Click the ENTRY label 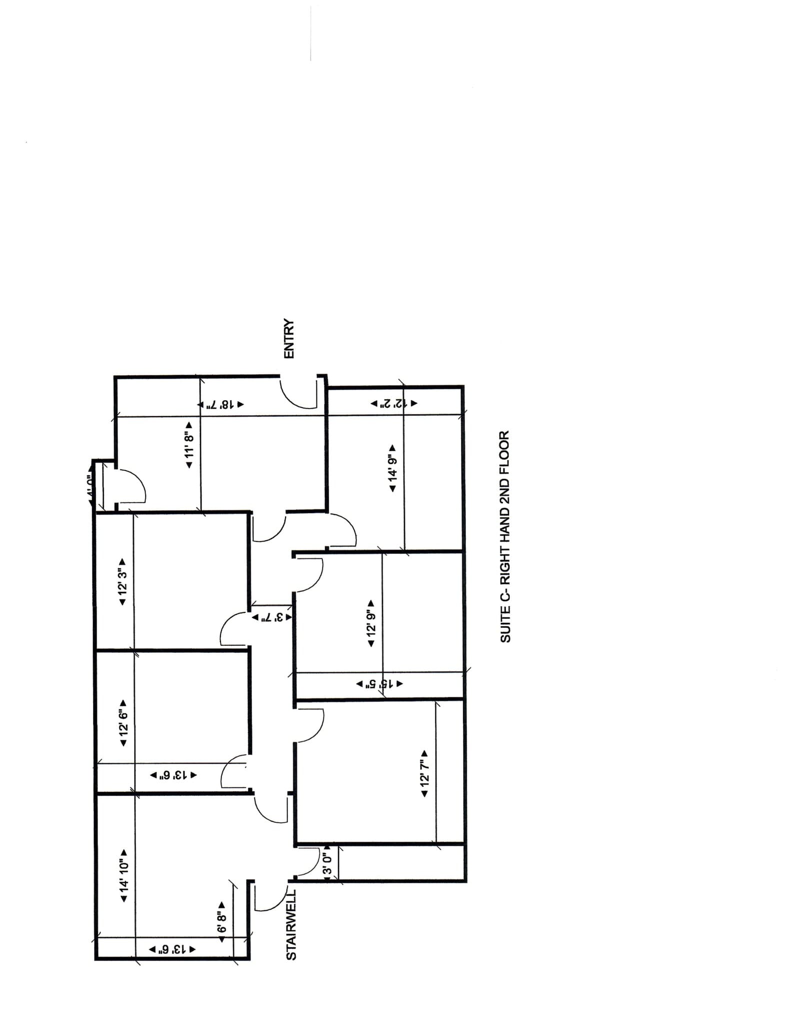[x=289, y=339]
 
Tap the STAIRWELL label [x=291, y=925]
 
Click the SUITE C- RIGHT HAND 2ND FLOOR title [x=505, y=536]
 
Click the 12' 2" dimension [x=393, y=403]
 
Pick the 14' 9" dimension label [x=392, y=468]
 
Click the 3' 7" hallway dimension [x=271, y=617]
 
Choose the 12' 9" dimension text [x=371, y=623]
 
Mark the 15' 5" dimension [x=379, y=684]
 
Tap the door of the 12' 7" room [x=310, y=726]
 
